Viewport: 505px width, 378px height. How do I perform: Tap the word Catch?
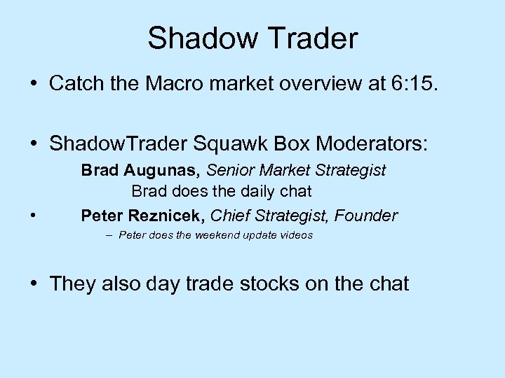[76, 85]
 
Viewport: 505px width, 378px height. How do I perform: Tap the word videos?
[296, 235]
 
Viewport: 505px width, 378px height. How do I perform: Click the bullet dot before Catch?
[34, 85]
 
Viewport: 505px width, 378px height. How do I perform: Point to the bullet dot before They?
[34, 284]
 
